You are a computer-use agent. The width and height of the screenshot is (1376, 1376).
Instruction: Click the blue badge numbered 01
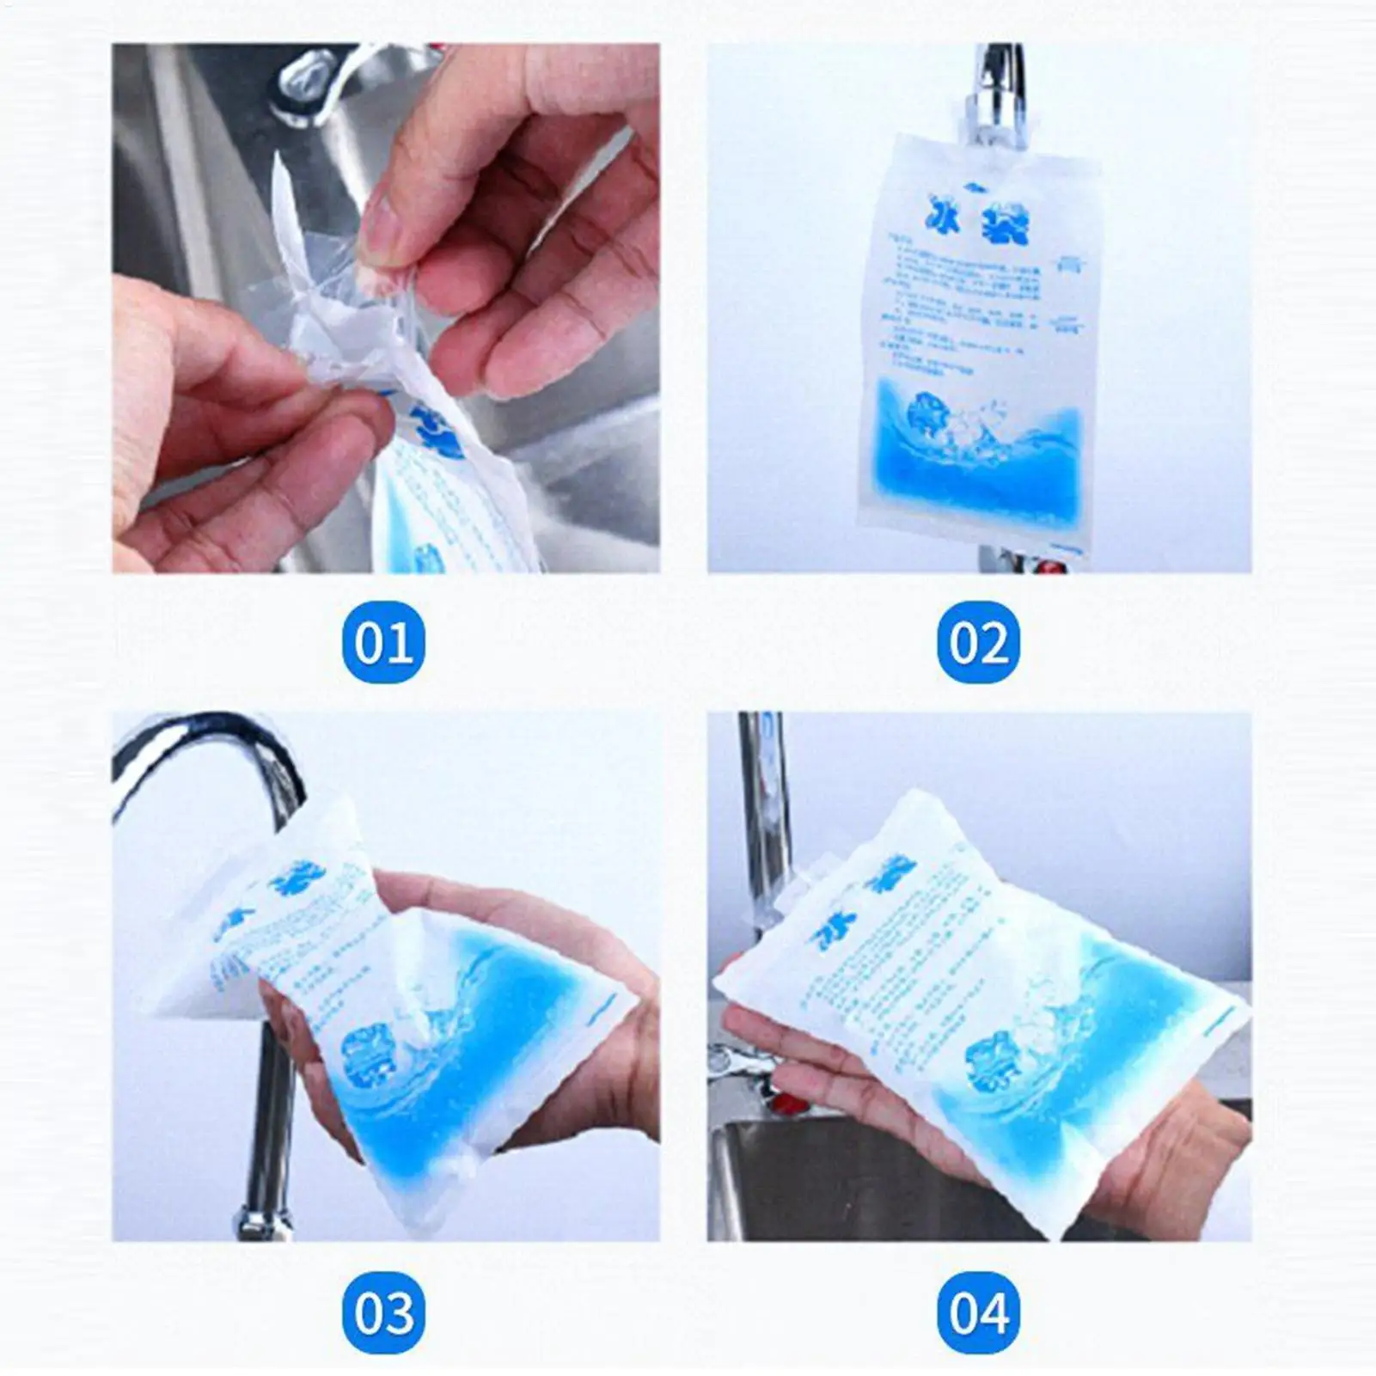coord(383,642)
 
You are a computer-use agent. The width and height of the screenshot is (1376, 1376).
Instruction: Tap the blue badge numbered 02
coord(978,642)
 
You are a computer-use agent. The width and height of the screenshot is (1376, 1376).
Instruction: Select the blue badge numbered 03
coord(383,1312)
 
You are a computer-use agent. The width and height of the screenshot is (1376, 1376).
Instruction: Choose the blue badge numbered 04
coord(978,1312)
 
